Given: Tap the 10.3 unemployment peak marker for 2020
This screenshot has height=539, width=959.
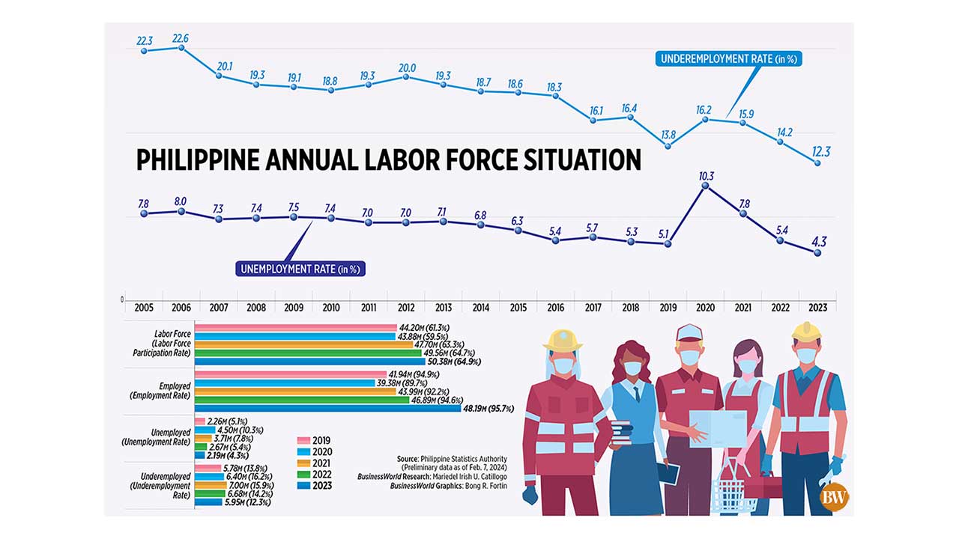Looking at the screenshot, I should (705, 186).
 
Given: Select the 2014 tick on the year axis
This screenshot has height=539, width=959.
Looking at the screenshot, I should (480, 307).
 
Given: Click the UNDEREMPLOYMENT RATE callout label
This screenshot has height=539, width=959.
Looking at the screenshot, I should (728, 59).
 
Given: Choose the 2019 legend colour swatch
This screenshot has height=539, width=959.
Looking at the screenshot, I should (303, 440).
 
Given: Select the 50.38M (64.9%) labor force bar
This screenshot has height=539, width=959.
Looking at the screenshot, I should (299, 361).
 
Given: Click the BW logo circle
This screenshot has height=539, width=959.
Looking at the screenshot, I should (835, 498).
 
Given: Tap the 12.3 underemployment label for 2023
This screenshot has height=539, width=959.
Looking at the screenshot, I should (821, 152).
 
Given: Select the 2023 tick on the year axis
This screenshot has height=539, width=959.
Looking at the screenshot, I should (817, 307).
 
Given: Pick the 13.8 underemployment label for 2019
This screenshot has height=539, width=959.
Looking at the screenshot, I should (667, 135).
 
